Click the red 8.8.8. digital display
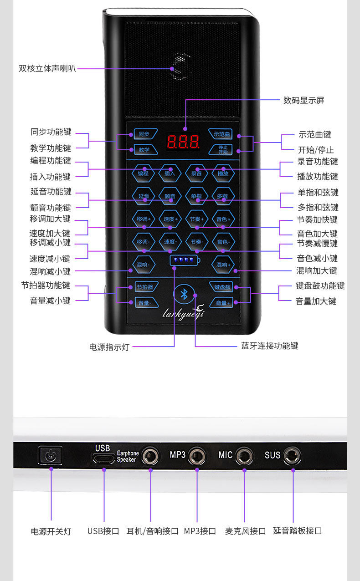pyautogui.click(x=183, y=142)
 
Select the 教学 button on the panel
pyautogui.click(x=144, y=149)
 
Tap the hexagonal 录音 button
pyautogui.click(x=196, y=173)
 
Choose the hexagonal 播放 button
pyautogui.click(x=223, y=173)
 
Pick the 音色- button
pyautogui.click(x=223, y=241)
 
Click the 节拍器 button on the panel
pyautogui.click(x=144, y=287)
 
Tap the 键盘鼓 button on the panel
pyautogui.click(x=221, y=287)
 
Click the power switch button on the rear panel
pyautogui.click(x=50, y=455)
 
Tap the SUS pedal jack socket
pyautogui.click(x=292, y=455)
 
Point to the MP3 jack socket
pyautogui.click(x=197, y=455)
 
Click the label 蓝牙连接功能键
pyautogui.click(x=269, y=346)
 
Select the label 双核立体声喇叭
pyautogui.click(x=47, y=69)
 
